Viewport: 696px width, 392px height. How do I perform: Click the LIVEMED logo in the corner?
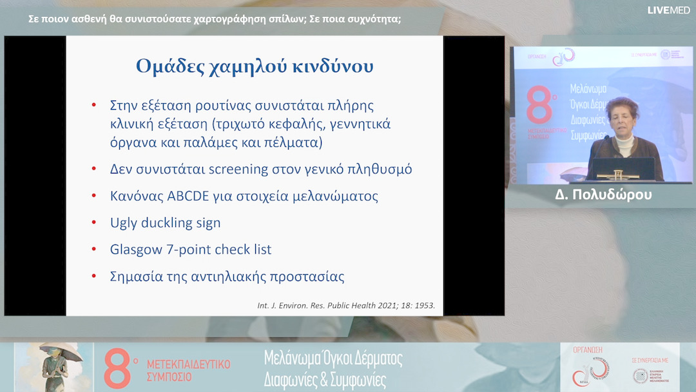(669, 10)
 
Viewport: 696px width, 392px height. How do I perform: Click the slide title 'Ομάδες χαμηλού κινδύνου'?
(255, 66)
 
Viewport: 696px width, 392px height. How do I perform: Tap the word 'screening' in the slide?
(239, 170)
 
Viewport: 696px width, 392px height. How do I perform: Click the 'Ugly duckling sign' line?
(166, 223)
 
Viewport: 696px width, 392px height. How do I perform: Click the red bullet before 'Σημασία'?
(94, 277)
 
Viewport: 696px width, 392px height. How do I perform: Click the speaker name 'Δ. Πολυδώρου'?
(603, 194)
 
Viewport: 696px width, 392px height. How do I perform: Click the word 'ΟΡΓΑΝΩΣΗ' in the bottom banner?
(587, 349)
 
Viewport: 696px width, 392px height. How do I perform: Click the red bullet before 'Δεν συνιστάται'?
(94, 170)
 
